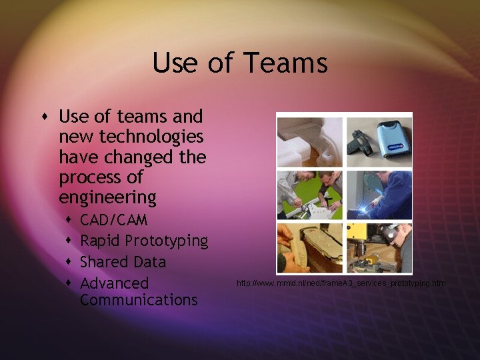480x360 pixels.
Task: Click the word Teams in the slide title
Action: click(285, 63)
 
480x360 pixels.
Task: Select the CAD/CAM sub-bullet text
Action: click(113, 219)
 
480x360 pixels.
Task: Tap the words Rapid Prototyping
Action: click(144, 241)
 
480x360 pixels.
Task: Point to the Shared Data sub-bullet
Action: click(123, 262)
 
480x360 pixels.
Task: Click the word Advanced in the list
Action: click(114, 283)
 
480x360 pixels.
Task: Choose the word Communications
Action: click(139, 300)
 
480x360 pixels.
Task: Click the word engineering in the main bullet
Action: click(107, 198)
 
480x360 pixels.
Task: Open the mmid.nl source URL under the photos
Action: click(341, 283)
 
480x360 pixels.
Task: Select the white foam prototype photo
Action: click(309, 141)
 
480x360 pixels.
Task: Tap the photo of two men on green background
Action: click(309, 195)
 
